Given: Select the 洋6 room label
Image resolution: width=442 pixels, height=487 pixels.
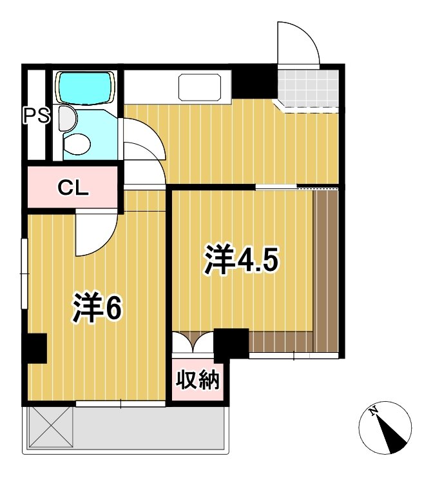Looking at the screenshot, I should coord(97,308).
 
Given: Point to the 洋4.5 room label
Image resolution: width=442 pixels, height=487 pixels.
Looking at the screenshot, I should coord(242,259).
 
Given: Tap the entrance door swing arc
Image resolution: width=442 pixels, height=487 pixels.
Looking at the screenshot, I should coord(298,43).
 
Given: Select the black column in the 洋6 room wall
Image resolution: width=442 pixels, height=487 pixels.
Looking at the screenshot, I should coord(36,348).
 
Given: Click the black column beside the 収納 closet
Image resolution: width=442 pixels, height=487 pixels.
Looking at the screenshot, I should coord(231,343).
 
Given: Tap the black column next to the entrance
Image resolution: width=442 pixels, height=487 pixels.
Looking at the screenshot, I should coord(253,81).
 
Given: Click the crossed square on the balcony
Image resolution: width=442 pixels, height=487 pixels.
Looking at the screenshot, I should coord(50,428).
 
